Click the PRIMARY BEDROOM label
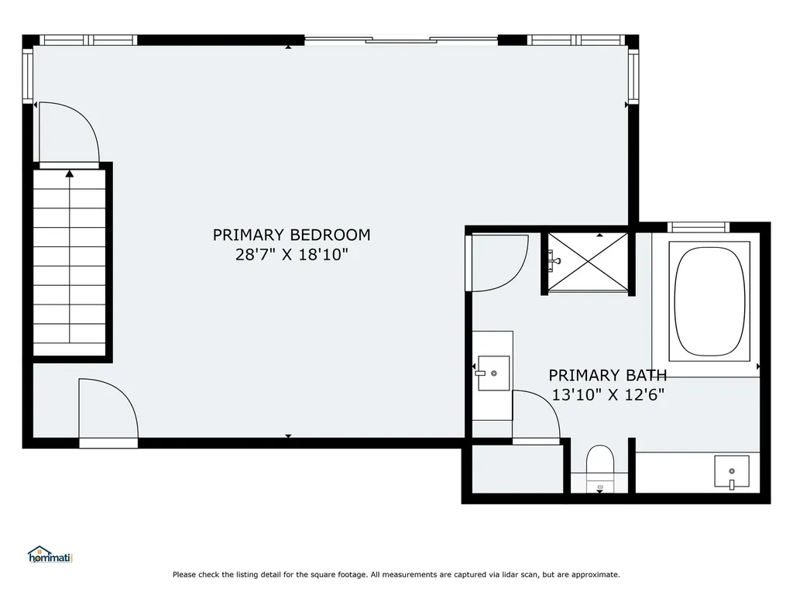coord(291,235)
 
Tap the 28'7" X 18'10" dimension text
coord(292,254)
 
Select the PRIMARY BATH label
coord(607,376)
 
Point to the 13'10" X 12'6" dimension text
coord(607,394)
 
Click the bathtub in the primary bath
coord(709,301)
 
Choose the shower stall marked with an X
coord(588,262)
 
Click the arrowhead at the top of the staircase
coord(70,174)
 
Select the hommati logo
coord(50,555)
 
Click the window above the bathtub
coord(698,227)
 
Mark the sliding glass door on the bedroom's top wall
coord(401,40)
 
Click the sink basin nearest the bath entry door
coord(493,373)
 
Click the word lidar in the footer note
coord(512,574)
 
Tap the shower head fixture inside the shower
coord(554,262)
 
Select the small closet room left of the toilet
coord(517,469)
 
